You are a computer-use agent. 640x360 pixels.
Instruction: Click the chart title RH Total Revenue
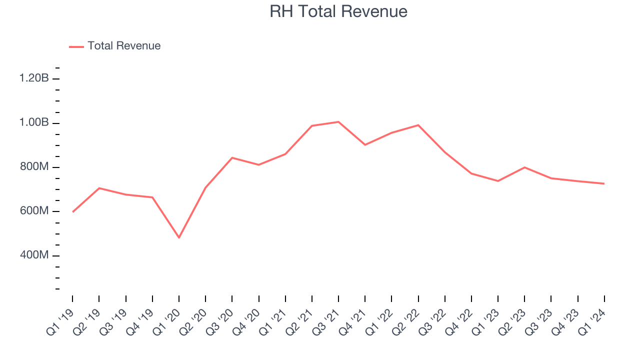(x=338, y=11)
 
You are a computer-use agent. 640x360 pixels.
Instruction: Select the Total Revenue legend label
(x=124, y=46)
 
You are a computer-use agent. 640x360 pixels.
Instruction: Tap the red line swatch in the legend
(x=76, y=46)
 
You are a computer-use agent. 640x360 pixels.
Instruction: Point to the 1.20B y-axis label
(x=34, y=78)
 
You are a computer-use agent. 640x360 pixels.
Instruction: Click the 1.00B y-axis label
(x=34, y=123)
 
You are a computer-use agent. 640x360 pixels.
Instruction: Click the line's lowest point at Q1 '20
(x=179, y=237)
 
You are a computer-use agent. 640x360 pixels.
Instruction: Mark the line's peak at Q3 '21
(x=338, y=122)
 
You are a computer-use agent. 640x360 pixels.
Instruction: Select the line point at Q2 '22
(x=418, y=125)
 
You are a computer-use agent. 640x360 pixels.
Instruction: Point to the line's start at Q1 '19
(x=73, y=212)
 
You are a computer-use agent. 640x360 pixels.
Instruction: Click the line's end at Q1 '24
(x=604, y=183)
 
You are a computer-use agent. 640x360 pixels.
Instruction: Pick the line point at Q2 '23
(x=524, y=167)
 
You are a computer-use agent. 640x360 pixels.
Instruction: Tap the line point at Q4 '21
(x=365, y=145)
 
